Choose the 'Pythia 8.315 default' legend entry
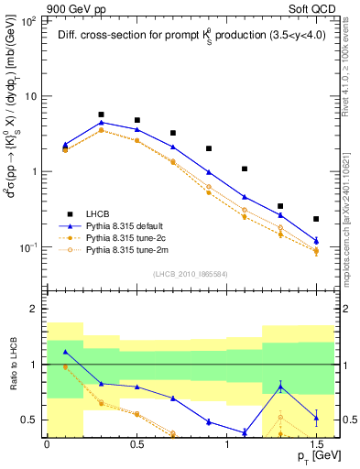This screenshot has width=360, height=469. coord(135,224)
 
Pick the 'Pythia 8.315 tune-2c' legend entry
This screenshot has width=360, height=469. coord(136,236)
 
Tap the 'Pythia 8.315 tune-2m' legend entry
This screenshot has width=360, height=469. coord(136,249)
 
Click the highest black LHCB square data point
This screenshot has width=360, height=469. coord(101,115)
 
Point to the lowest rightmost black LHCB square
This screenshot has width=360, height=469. coord(316,219)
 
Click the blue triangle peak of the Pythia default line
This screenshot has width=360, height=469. coord(101,122)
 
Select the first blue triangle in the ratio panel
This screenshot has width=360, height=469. coord(65,352)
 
